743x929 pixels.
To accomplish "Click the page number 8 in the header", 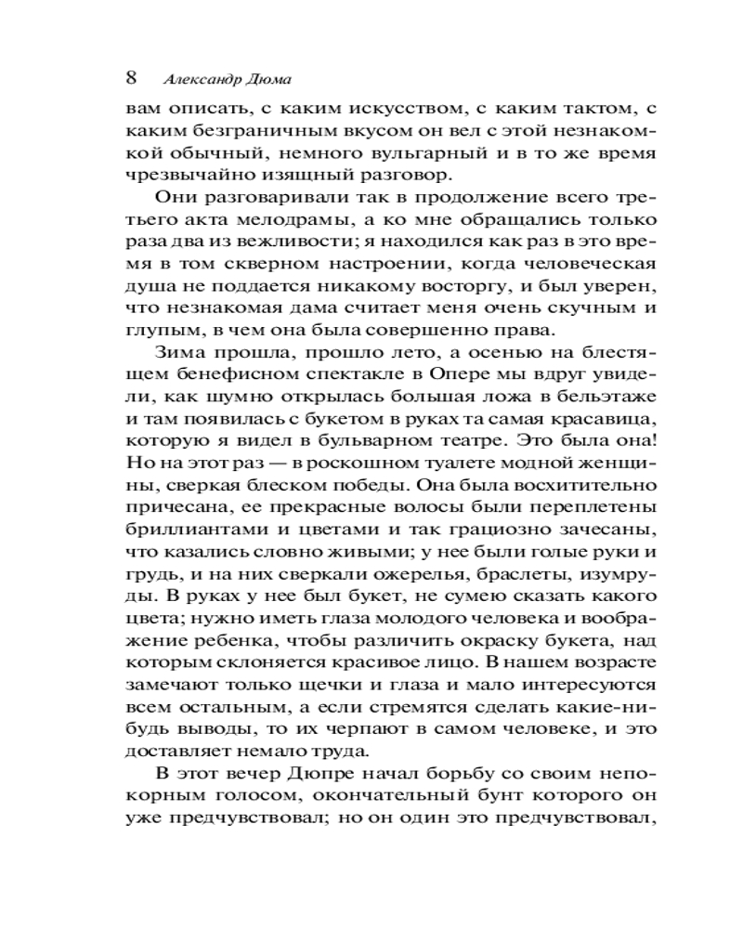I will [x=132, y=76].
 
